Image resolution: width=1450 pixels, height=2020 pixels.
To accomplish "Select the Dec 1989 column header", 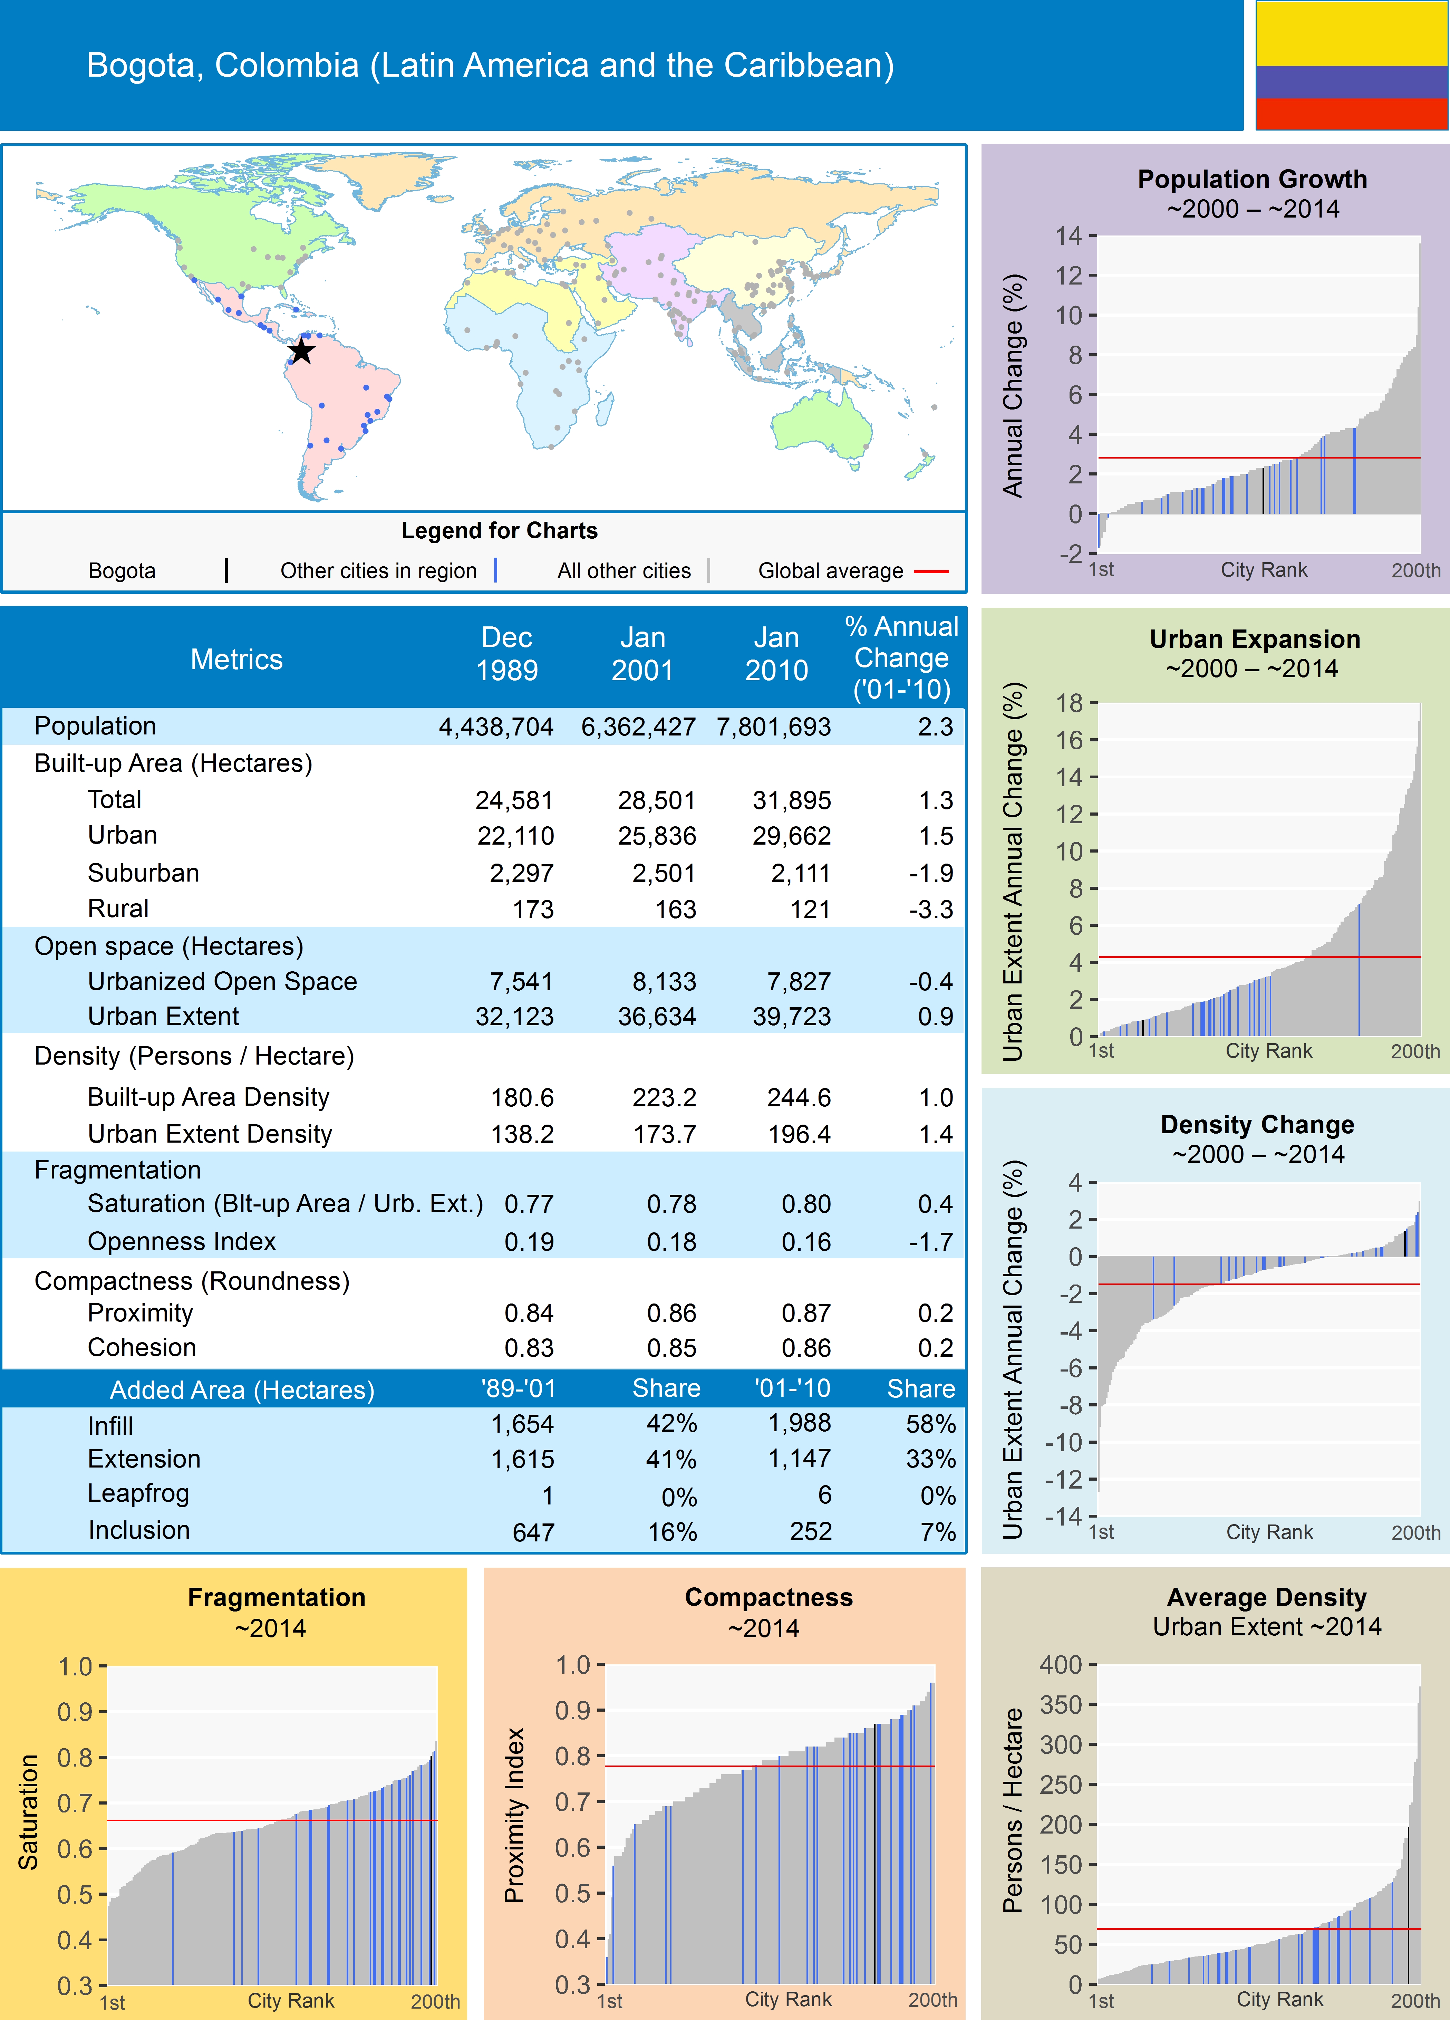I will [x=507, y=654].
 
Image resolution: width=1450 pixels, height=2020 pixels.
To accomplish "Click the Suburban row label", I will [x=143, y=873].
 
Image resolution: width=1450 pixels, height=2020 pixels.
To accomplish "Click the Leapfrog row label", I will [x=138, y=1494].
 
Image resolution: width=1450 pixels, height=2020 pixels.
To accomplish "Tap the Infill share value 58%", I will [x=931, y=1424].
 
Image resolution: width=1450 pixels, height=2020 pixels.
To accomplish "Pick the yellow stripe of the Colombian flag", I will [x=1351, y=34].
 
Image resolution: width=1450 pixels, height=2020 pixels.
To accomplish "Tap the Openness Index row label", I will [x=182, y=1242].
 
